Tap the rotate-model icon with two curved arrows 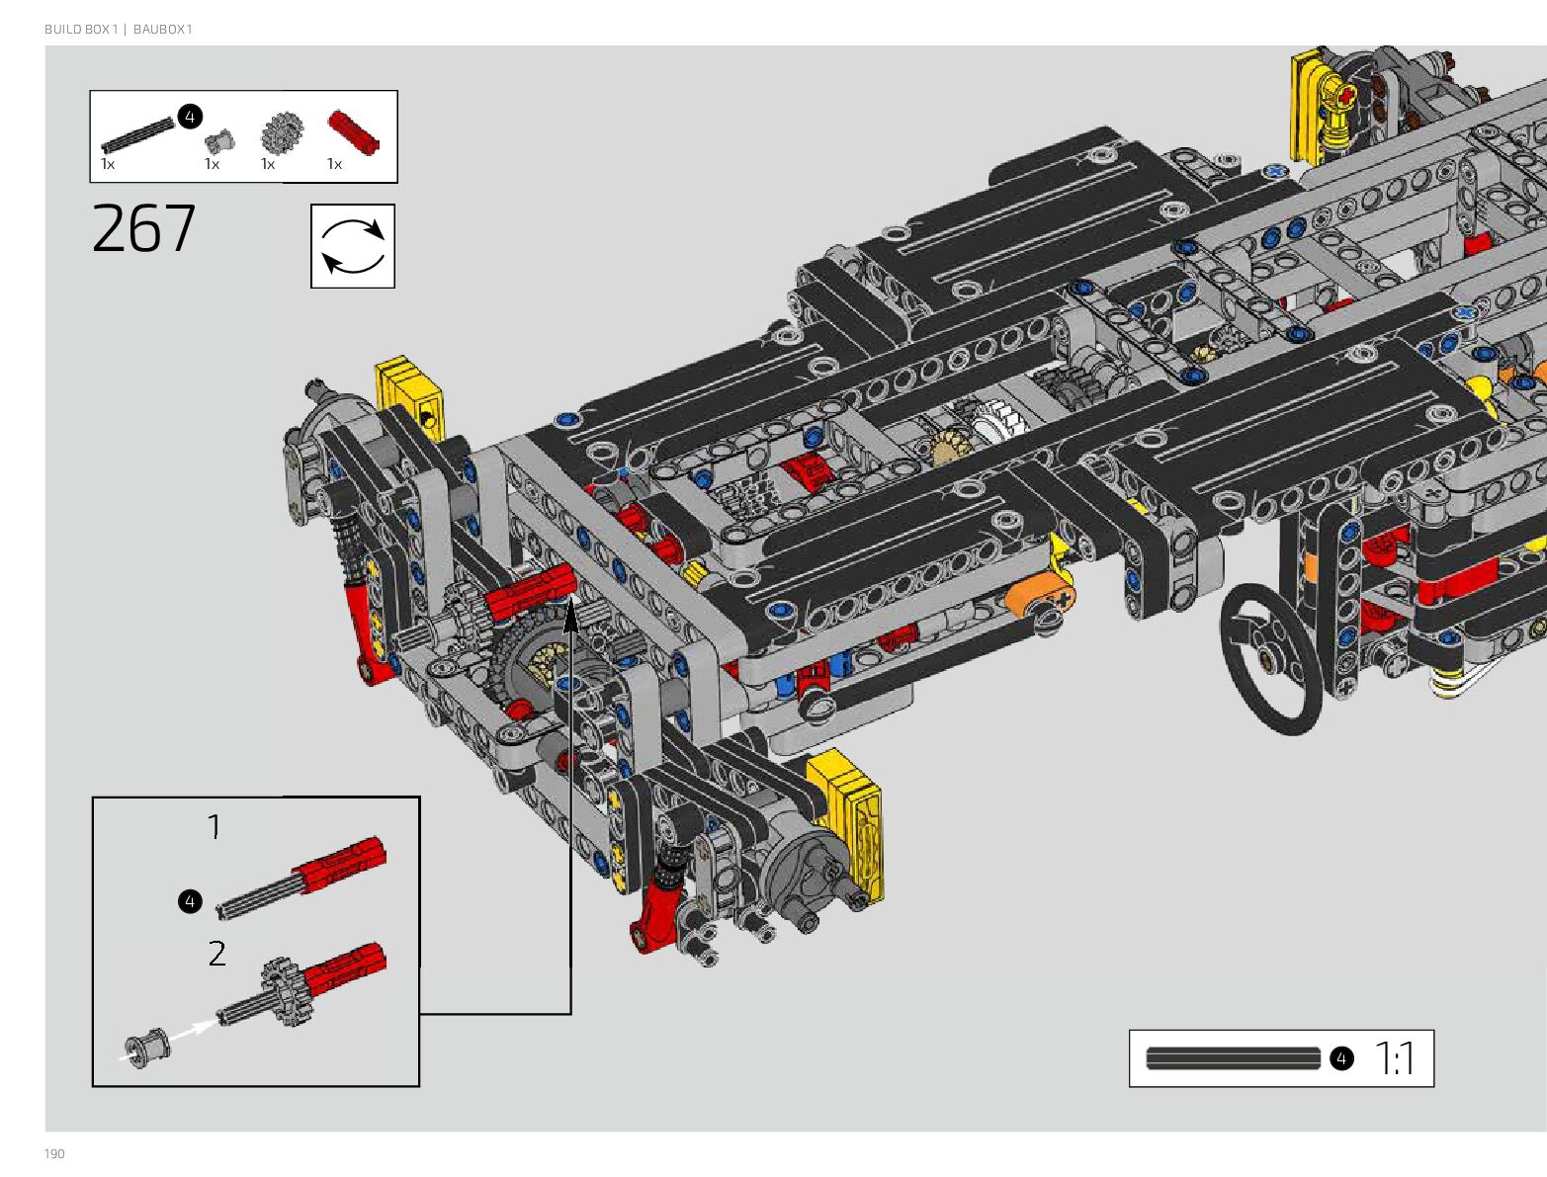click(352, 246)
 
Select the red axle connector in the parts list click(354, 131)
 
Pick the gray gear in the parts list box click(282, 132)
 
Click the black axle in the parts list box click(138, 135)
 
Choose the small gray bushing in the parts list click(219, 141)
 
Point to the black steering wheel click(1272, 658)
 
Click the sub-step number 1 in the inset click(215, 826)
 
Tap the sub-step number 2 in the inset click(217, 953)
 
